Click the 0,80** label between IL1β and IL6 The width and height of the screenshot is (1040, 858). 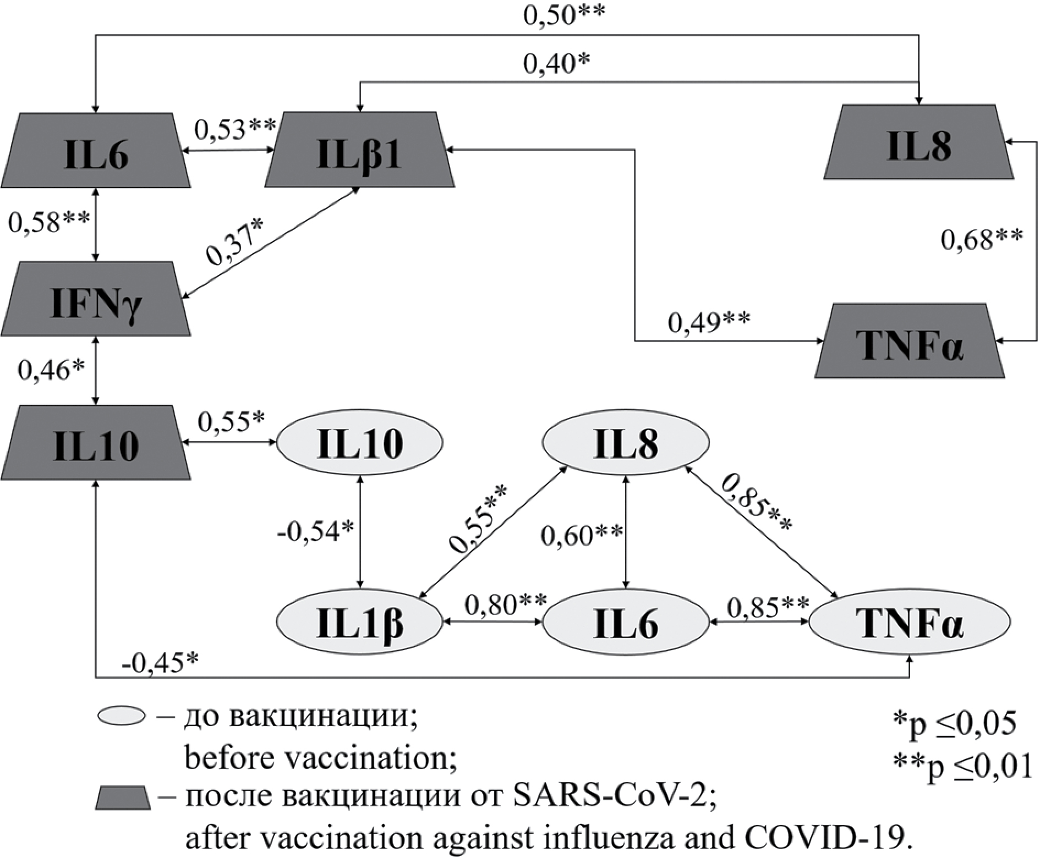[505, 606]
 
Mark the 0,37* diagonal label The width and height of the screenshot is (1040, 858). [234, 240]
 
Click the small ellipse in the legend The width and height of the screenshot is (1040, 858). [122, 716]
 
